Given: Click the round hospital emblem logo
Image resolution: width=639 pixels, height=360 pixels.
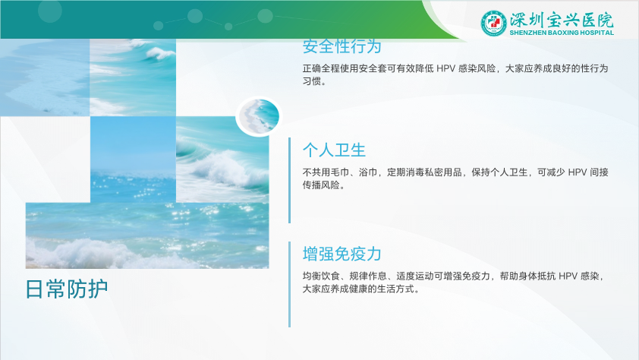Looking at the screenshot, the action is pyautogui.click(x=493, y=23).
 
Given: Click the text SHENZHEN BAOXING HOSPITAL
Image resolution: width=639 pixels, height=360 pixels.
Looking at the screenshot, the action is pyautogui.click(x=562, y=33).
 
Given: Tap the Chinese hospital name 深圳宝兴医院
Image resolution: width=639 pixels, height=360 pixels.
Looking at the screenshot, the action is pyautogui.click(x=562, y=19).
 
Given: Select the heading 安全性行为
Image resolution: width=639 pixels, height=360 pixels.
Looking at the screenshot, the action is pyautogui.click(x=342, y=46).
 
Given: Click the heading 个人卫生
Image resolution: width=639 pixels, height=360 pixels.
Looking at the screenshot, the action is pyautogui.click(x=334, y=150).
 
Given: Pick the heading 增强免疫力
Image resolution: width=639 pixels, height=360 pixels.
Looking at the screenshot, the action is pyautogui.click(x=342, y=254).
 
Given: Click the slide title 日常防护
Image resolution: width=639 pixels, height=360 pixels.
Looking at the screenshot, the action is pyautogui.click(x=67, y=289).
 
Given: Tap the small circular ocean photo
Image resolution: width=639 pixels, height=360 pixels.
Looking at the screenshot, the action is pyautogui.click(x=259, y=116).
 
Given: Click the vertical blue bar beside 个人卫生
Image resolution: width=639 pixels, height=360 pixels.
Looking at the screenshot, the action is pyautogui.click(x=289, y=180).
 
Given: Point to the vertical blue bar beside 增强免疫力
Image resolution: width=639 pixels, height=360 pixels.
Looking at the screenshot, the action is pyautogui.click(x=289, y=284).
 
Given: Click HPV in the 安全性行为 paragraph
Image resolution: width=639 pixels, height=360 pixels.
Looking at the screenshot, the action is pyautogui.click(x=445, y=68).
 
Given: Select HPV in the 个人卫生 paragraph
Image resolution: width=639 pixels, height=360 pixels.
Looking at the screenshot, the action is pyautogui.click(x=577, y=172).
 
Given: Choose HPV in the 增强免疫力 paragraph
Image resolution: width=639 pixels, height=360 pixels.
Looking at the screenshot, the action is pyautogui.click(x=568, y=276).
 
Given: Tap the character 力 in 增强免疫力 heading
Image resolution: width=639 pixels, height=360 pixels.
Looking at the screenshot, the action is pyautogui.click(x=373, y=254).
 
